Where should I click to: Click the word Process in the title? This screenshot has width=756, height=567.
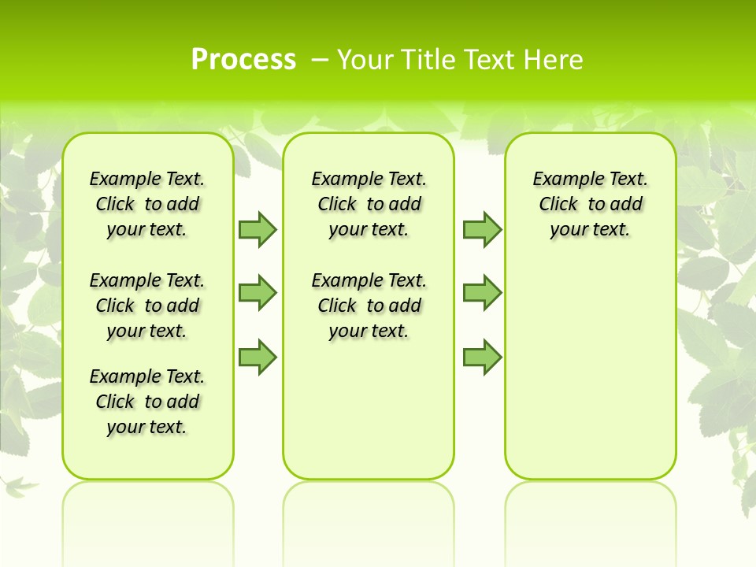point(243,60)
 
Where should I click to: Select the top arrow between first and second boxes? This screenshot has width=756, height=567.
point(258,229)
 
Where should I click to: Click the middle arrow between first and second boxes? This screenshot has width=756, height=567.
point(258,293)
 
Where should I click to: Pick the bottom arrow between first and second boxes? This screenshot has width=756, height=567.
point(258,357)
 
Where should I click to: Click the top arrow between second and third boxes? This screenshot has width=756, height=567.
point(482,229)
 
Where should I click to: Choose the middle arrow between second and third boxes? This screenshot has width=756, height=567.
point(482,293)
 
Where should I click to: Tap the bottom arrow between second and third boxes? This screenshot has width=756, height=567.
point(482,357)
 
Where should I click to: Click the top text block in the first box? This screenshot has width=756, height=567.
point(147,204)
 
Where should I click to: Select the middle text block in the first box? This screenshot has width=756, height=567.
point(147,306)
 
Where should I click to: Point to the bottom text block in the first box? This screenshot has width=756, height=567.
point(147,402)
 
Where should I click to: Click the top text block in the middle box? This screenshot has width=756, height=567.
point(369,204)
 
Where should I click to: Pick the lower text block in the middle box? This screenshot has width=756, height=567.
point(369,306)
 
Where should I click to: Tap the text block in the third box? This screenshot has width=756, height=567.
point(591,204)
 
